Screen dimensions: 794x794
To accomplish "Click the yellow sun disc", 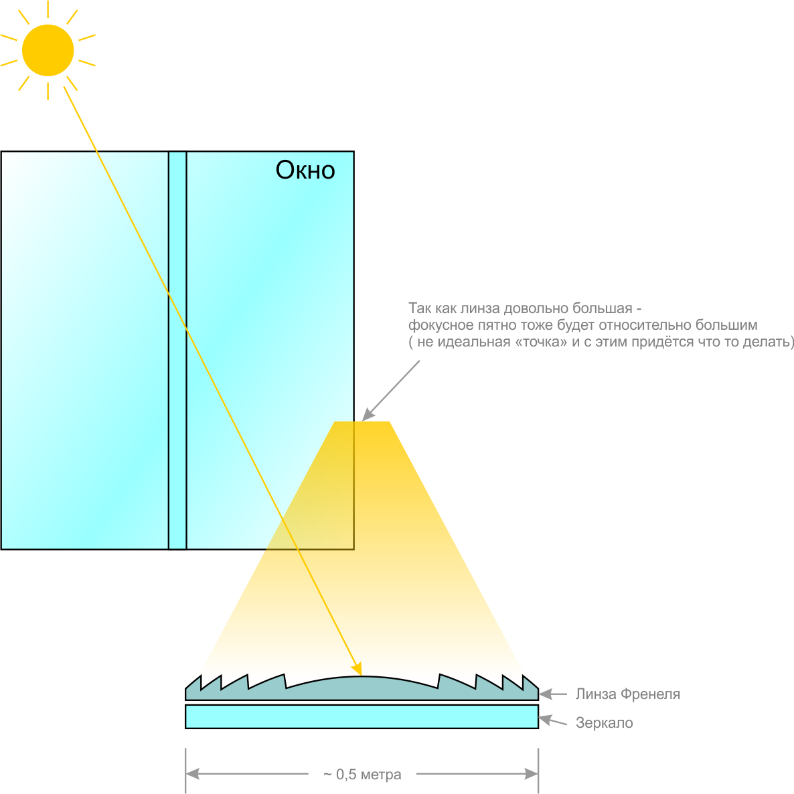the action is pyautogui.click(x=48, y=50).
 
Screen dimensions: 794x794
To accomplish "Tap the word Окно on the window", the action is pyautogui.click(x=305, y=170).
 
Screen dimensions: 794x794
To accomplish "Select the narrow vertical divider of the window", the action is pyautogui.click(x=177, y=350).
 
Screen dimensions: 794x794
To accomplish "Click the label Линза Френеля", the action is pyautogui.click(x=627, y=694).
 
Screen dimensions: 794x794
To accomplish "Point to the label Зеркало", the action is pyautogui.click(x=604, y=722).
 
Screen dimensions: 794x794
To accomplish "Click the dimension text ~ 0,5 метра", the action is pyautogui.click(x=362, y=774).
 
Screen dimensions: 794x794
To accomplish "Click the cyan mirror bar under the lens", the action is pyautogui.click(x=362, y=716).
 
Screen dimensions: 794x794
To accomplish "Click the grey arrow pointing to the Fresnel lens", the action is pyautogui.click(x=553, y=694).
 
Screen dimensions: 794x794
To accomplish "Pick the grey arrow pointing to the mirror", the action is pyautogui.click(x=553, y=720).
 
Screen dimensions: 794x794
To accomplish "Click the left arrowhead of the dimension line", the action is pyautogui.click(x=193, y=774).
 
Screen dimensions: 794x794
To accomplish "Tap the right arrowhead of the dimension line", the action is pyautogui.click(x=531, y=774).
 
